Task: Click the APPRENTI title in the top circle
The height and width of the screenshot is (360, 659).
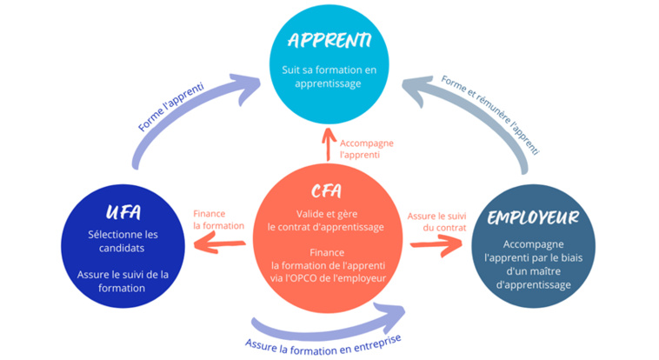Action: click(329, 40)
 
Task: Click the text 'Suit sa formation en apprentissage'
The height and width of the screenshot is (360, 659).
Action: click(329, 77)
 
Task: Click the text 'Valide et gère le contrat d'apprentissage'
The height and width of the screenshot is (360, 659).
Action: click(326, 220)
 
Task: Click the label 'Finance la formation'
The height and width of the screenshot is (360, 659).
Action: click(219, 218)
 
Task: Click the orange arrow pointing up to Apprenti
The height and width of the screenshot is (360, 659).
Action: click(328, 143)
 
